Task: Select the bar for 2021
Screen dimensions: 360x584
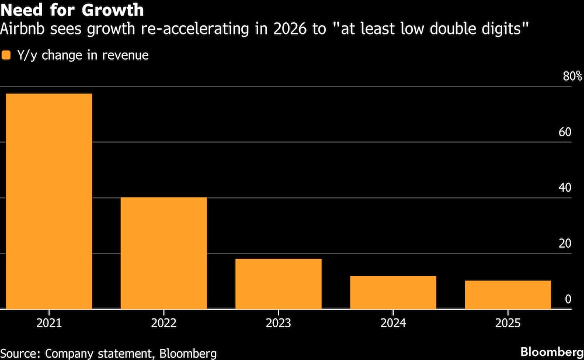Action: tap(49, 201)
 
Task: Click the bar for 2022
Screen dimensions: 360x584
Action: tap(164, 253)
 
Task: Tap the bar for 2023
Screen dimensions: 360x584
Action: tap(279, 283)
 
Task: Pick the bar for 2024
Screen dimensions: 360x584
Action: tap(393, 292)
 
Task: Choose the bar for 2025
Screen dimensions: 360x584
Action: tap(507, 295)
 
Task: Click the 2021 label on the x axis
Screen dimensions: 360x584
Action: tap(49, 323)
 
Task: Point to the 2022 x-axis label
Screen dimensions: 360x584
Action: tap(164, 323)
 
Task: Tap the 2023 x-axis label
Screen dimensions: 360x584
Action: tap(279, 323)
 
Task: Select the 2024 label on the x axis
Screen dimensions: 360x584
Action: tap(393, 323)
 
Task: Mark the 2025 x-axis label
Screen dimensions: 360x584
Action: tap(507, 323)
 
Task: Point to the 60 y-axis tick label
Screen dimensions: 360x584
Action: tap(564, 132)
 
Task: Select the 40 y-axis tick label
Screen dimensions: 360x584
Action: tap(564, 188)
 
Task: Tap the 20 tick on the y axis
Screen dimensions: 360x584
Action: tap(564, 244)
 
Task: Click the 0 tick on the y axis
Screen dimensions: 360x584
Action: tap(568, 299)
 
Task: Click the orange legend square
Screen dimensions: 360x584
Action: tap(6, 56)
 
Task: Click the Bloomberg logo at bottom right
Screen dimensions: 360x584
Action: tap(551, 352)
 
